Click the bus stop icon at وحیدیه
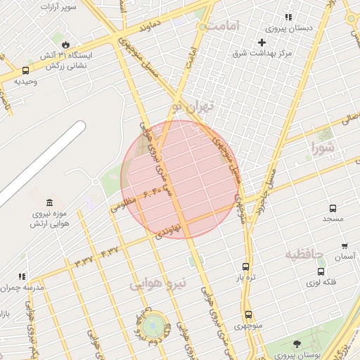pyautogui.click(x=26, y=70)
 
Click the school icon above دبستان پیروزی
pyautogui.click(x=288, y=18)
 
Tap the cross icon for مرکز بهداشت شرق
pyautogui.click(x=262, y=42)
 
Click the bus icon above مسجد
pyautogui.click(x=333, y=208)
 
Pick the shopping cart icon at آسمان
pyautogui.click(x=344, y=246)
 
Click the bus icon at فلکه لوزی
pyautogui.click(x=321, y=271)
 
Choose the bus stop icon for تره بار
pyautogui.click(x=245, y=266)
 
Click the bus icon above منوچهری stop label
pyautogui.click(x=247, y=314)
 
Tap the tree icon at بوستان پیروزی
pyautogui.click(x=296, y=344)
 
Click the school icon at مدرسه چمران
pyautogui.click(x=22, y=276)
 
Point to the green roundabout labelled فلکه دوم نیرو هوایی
pyautogui.click(x=151, y=327)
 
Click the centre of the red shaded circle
pyautogui.click(x=180, y=179)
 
